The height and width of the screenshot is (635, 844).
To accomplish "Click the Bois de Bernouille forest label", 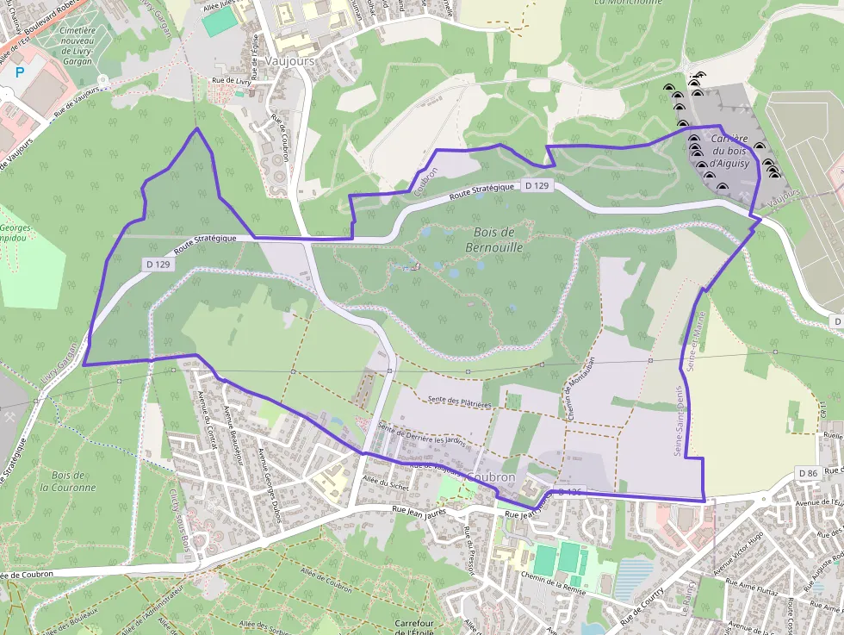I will tap(494, 240).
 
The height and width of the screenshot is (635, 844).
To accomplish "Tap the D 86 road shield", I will tap(807, 473).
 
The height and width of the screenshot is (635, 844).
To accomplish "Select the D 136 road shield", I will tap(571, 492).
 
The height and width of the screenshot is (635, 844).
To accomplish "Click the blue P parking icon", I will tap(19, 73).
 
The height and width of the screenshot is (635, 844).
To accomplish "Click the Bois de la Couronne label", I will tap(68, 481).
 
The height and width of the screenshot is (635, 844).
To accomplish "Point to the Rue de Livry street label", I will tap(230, 81).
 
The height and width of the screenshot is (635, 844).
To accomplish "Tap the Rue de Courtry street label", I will tap(642, 607).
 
